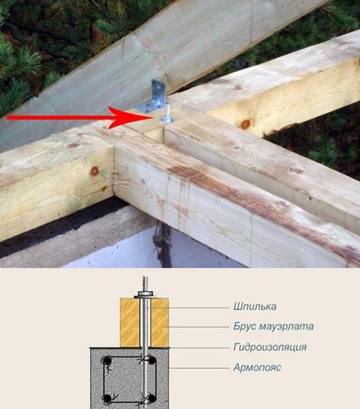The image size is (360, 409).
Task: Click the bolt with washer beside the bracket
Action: coord(168,117)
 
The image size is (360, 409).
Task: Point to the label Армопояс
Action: coord(256,367)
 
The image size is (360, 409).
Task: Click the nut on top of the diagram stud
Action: coord(144,294)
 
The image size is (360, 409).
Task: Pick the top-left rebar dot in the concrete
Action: coord(107,360)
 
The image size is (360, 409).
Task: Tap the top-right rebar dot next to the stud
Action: coord(150,360)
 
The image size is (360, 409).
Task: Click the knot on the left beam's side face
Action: coord(94,171)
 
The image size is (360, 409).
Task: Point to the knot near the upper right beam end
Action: coord(246,124)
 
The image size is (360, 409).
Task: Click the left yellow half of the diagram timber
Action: coord(130,323)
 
